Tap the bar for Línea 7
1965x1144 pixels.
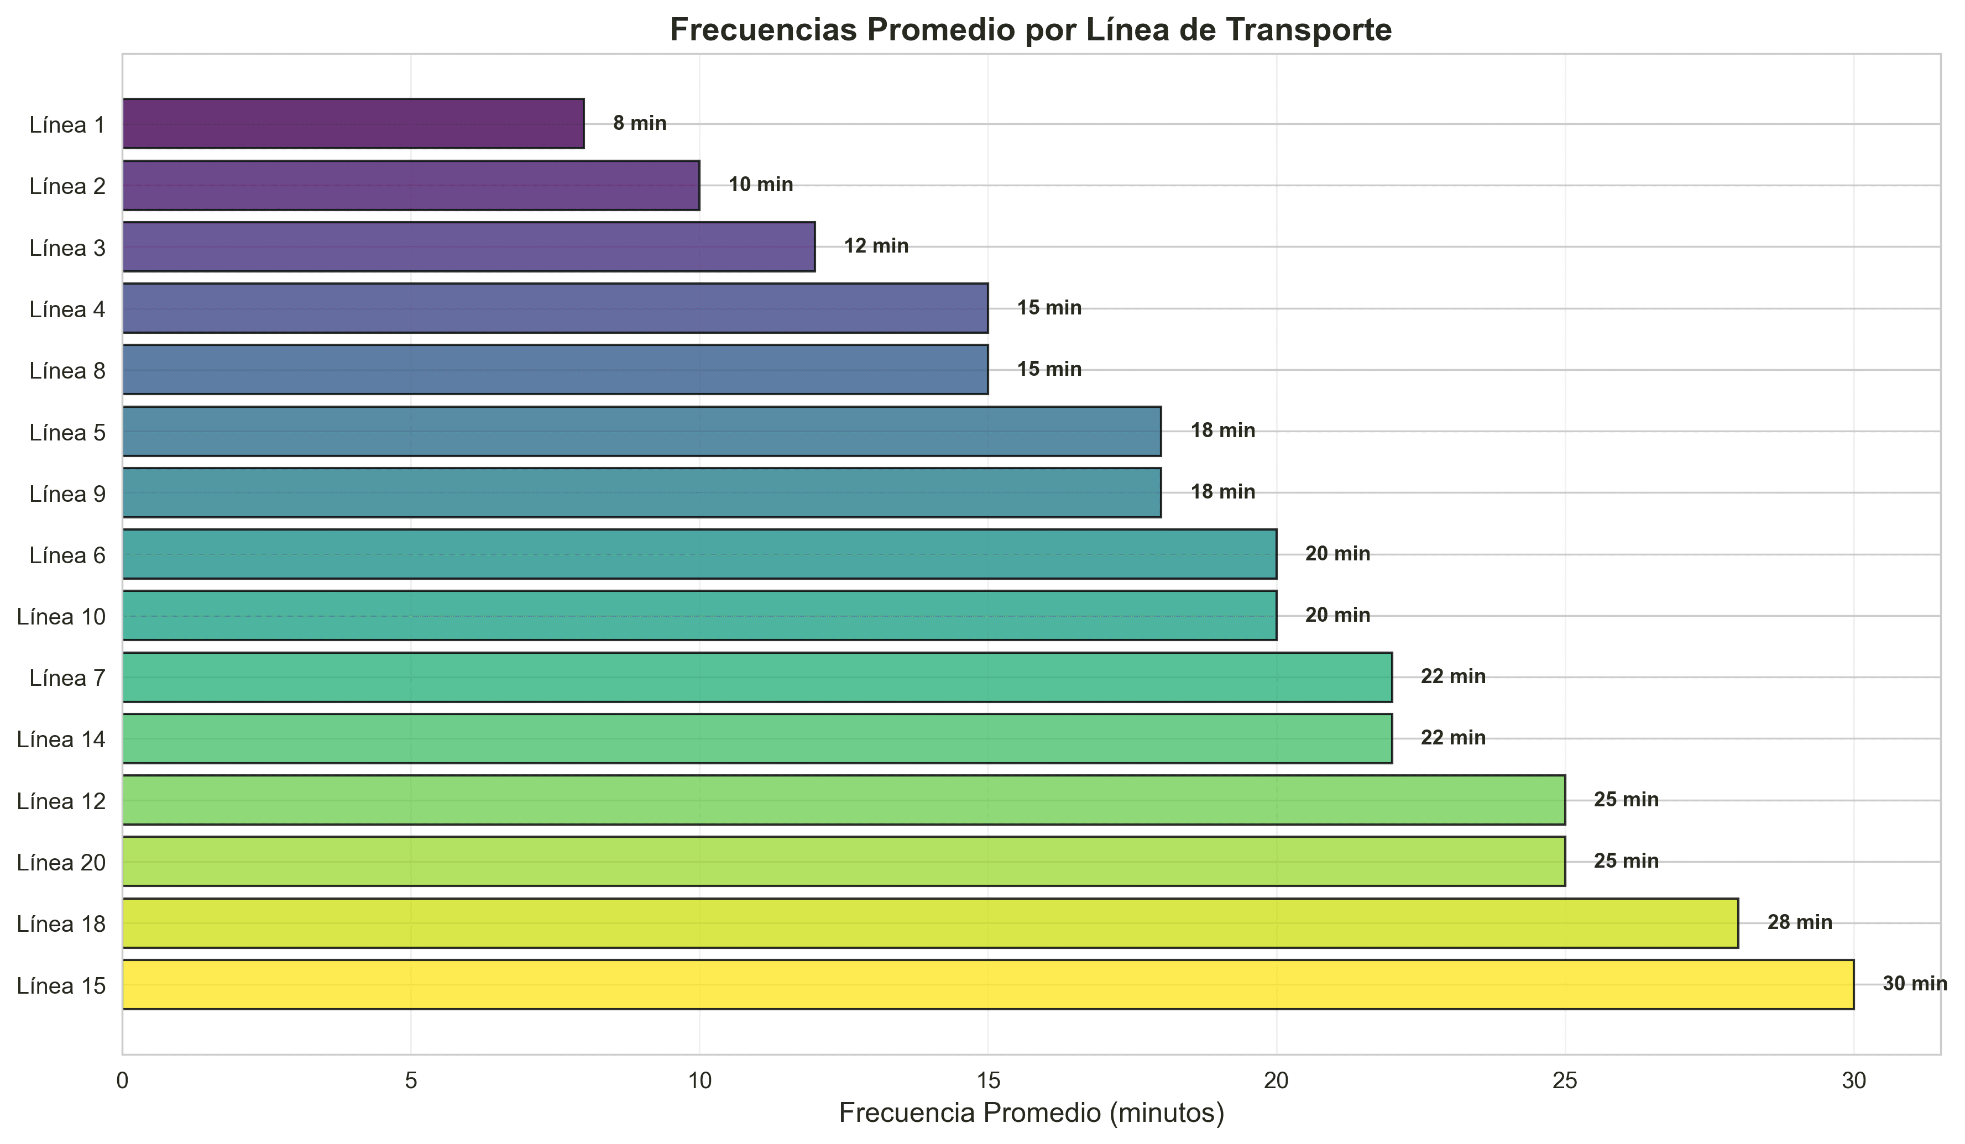point(756,677)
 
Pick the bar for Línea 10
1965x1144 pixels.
point(699,616)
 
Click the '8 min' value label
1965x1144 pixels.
point(639,123)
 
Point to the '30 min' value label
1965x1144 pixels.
point(1914,984)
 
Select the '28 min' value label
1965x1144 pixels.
point(1799,923)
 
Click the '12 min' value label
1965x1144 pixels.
point(876,246)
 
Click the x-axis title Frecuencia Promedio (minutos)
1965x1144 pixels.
point(1031,1113)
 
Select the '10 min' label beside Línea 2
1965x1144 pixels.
point(760,185)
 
